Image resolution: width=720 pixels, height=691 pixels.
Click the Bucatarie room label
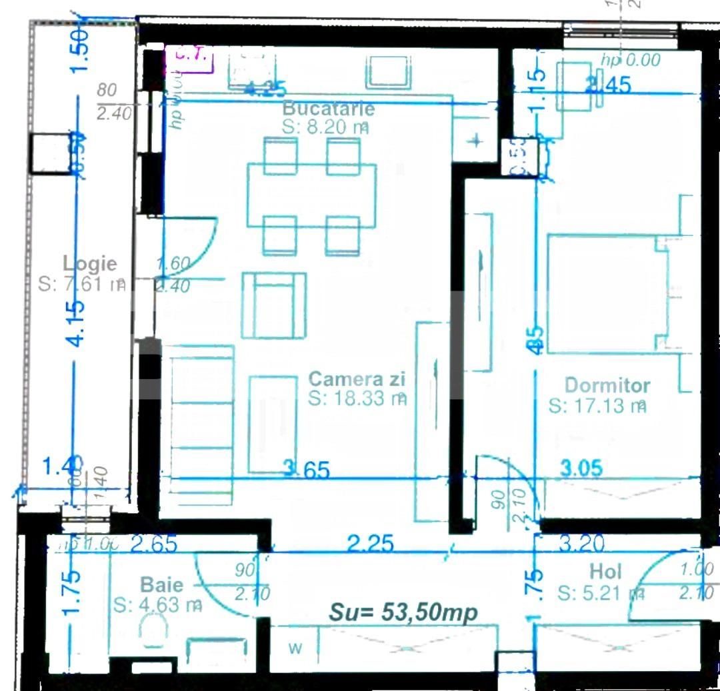tap(329, 108)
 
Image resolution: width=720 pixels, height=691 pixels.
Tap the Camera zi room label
tap(357, 380)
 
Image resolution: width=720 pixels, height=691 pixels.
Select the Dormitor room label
tap(607, 385)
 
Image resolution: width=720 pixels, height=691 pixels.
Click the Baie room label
tap(161, 585)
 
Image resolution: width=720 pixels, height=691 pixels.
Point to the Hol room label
tap(605, 572)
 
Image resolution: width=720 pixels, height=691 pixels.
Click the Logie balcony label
tap(89, 264)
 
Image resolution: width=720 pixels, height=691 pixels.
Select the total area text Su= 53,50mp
tap(403, 612)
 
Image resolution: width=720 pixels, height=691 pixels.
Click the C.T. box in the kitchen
tap(193, 59)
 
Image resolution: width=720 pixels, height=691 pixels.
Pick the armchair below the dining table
tap(274, 304)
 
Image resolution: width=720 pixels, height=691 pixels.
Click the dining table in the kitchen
tap(311, 195)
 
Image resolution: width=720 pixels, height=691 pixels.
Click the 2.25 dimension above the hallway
tap(371, 544)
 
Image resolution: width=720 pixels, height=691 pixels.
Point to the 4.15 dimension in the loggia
tap(77, 323)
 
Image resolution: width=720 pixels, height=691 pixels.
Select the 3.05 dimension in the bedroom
tap(581, 468)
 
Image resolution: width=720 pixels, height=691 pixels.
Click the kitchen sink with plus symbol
tap(476, 141)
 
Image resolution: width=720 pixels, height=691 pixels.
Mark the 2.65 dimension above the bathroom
tap(154, 544)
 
